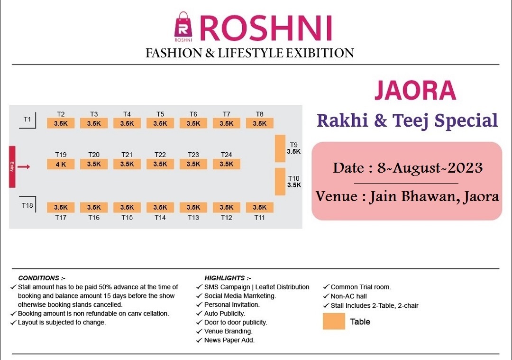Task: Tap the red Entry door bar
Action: pos(12,166)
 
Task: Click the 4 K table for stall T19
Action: pos(61,164)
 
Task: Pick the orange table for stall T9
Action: pos(280,148)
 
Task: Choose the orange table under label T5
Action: pos(160,123)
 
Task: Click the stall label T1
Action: pos(27,119)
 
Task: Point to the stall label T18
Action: pos(27,205)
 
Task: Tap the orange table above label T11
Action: pos(259,207)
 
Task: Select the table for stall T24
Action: pos(227,164)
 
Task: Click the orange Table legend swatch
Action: pos(334,321)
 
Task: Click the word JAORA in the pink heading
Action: pos(415,91)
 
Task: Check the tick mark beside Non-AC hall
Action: pos(326,296)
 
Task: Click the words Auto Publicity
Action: pos(224,314)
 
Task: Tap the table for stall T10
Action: pos(280,181)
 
